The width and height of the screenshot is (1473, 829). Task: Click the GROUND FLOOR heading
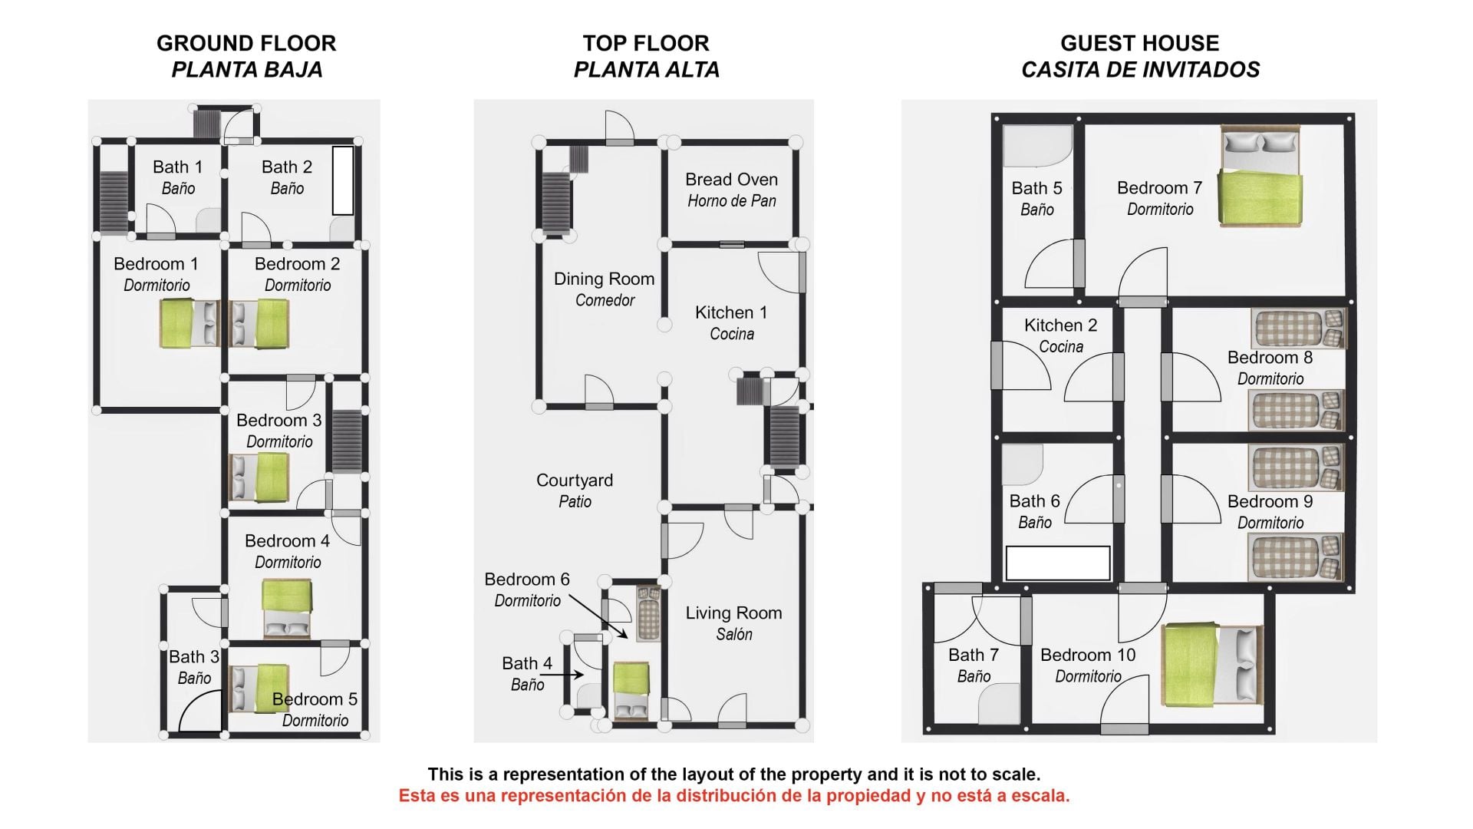click(246, 43)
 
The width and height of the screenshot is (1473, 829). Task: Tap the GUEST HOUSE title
click(1139, 43)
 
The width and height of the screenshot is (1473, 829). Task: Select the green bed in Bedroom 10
click(1212, 666)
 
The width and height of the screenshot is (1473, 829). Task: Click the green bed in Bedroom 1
click(189, 323)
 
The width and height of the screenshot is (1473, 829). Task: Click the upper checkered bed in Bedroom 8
click(1298, 329)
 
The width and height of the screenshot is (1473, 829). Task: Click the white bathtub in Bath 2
click(343, 180)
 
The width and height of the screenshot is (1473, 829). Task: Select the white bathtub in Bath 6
click(1058, 563)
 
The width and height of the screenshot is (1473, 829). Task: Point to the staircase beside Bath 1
click(114, 201)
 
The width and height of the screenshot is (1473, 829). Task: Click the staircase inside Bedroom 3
click(346, 441)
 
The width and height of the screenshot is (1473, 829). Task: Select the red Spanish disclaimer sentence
click(733, 795)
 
